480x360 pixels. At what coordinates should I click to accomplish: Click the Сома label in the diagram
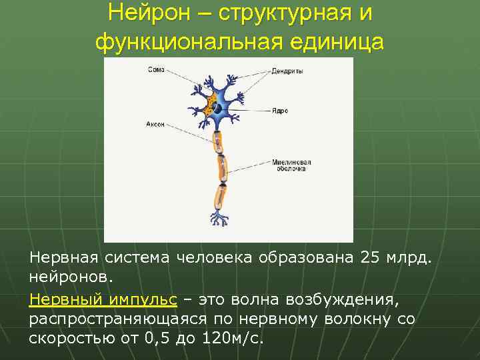(156, 69)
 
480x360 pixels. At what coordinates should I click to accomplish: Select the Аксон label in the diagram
(155, 124)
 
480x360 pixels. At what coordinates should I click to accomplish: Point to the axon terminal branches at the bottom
(218, 219)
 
